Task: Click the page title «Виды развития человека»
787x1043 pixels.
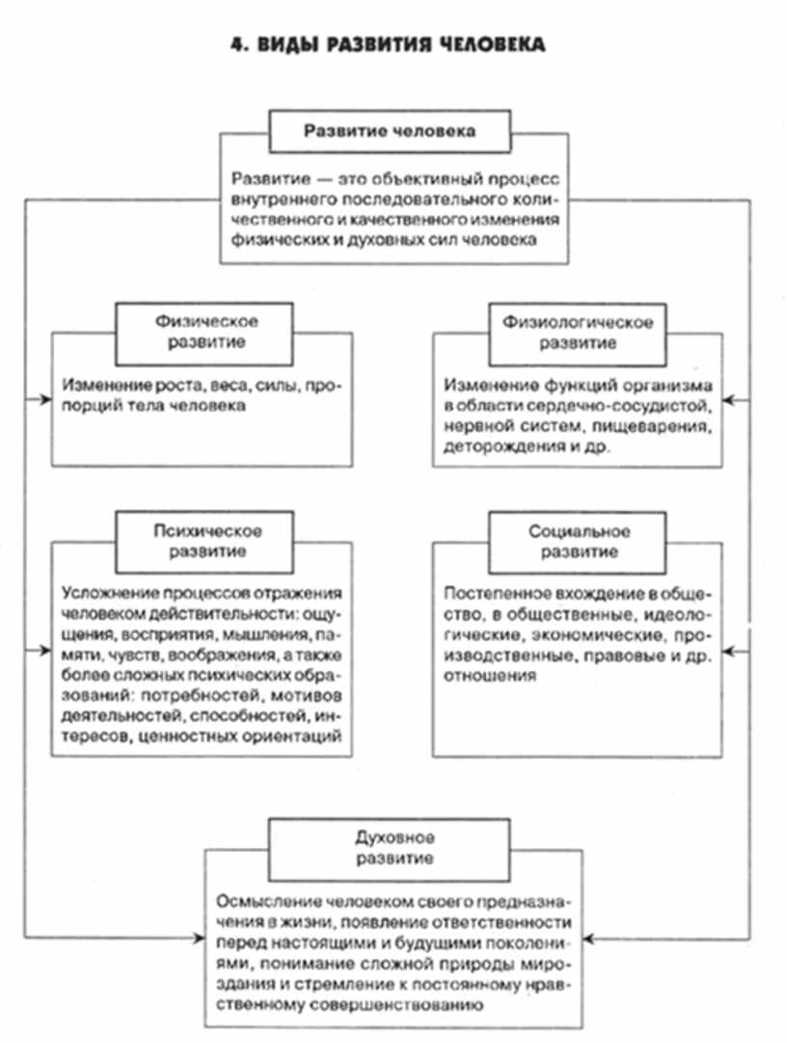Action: [389, 45]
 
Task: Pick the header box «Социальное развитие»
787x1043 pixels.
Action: [577, 541]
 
